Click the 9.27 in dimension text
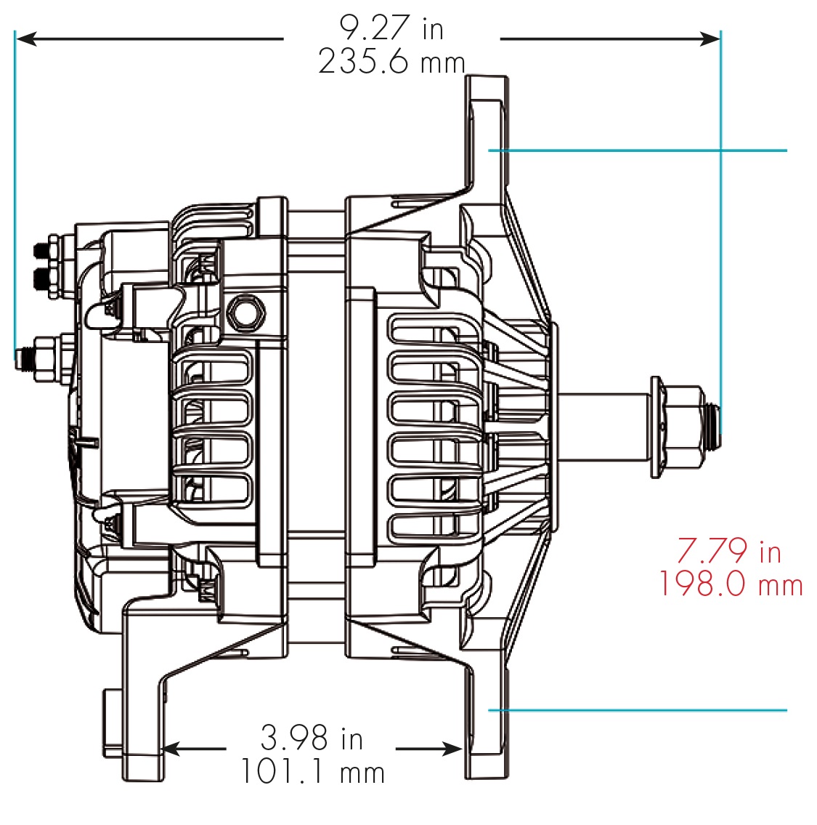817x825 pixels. pos(391,29)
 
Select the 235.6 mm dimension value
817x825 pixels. pos(391,63)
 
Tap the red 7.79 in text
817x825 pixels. pos(728,552)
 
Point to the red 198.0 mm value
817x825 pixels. pos(731,585)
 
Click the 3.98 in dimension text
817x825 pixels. pos(312,739)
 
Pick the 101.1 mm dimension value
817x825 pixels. pos(312,771)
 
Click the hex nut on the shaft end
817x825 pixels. pos(683,427)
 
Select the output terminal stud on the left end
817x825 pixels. pos(29,358)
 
